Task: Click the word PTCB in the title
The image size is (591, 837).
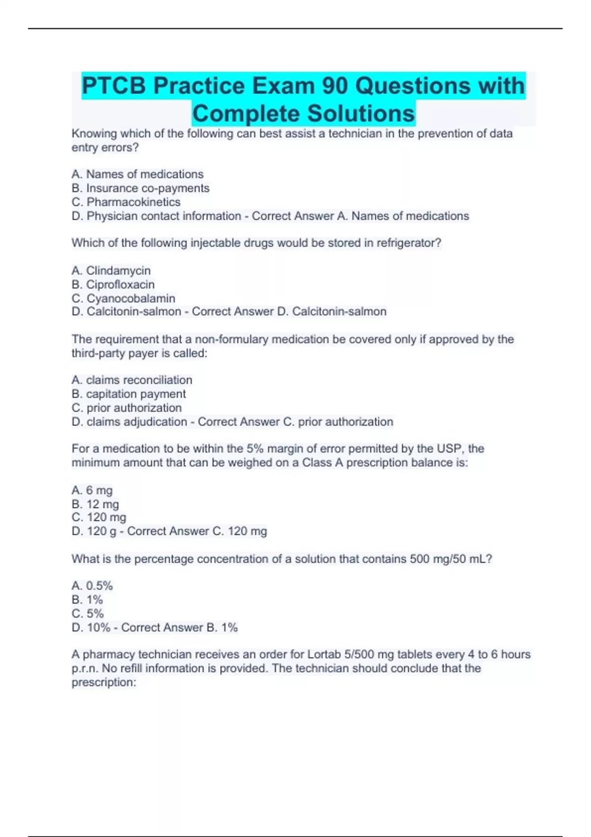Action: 114,86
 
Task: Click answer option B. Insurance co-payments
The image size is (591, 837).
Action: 140,188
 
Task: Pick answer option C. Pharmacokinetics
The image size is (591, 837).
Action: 126,202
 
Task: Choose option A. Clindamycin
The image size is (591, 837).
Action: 111,270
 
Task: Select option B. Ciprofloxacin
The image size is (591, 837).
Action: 113,285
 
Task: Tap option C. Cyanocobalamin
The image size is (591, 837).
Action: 123,298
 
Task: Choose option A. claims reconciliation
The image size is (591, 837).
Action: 131,380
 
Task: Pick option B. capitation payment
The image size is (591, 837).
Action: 129,394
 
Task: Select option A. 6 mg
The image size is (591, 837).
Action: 92,490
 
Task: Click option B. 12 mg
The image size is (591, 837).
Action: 95,504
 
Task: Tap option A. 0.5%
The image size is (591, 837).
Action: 92,586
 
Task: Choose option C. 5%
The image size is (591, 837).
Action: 88,613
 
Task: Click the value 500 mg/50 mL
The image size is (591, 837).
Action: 450,559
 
